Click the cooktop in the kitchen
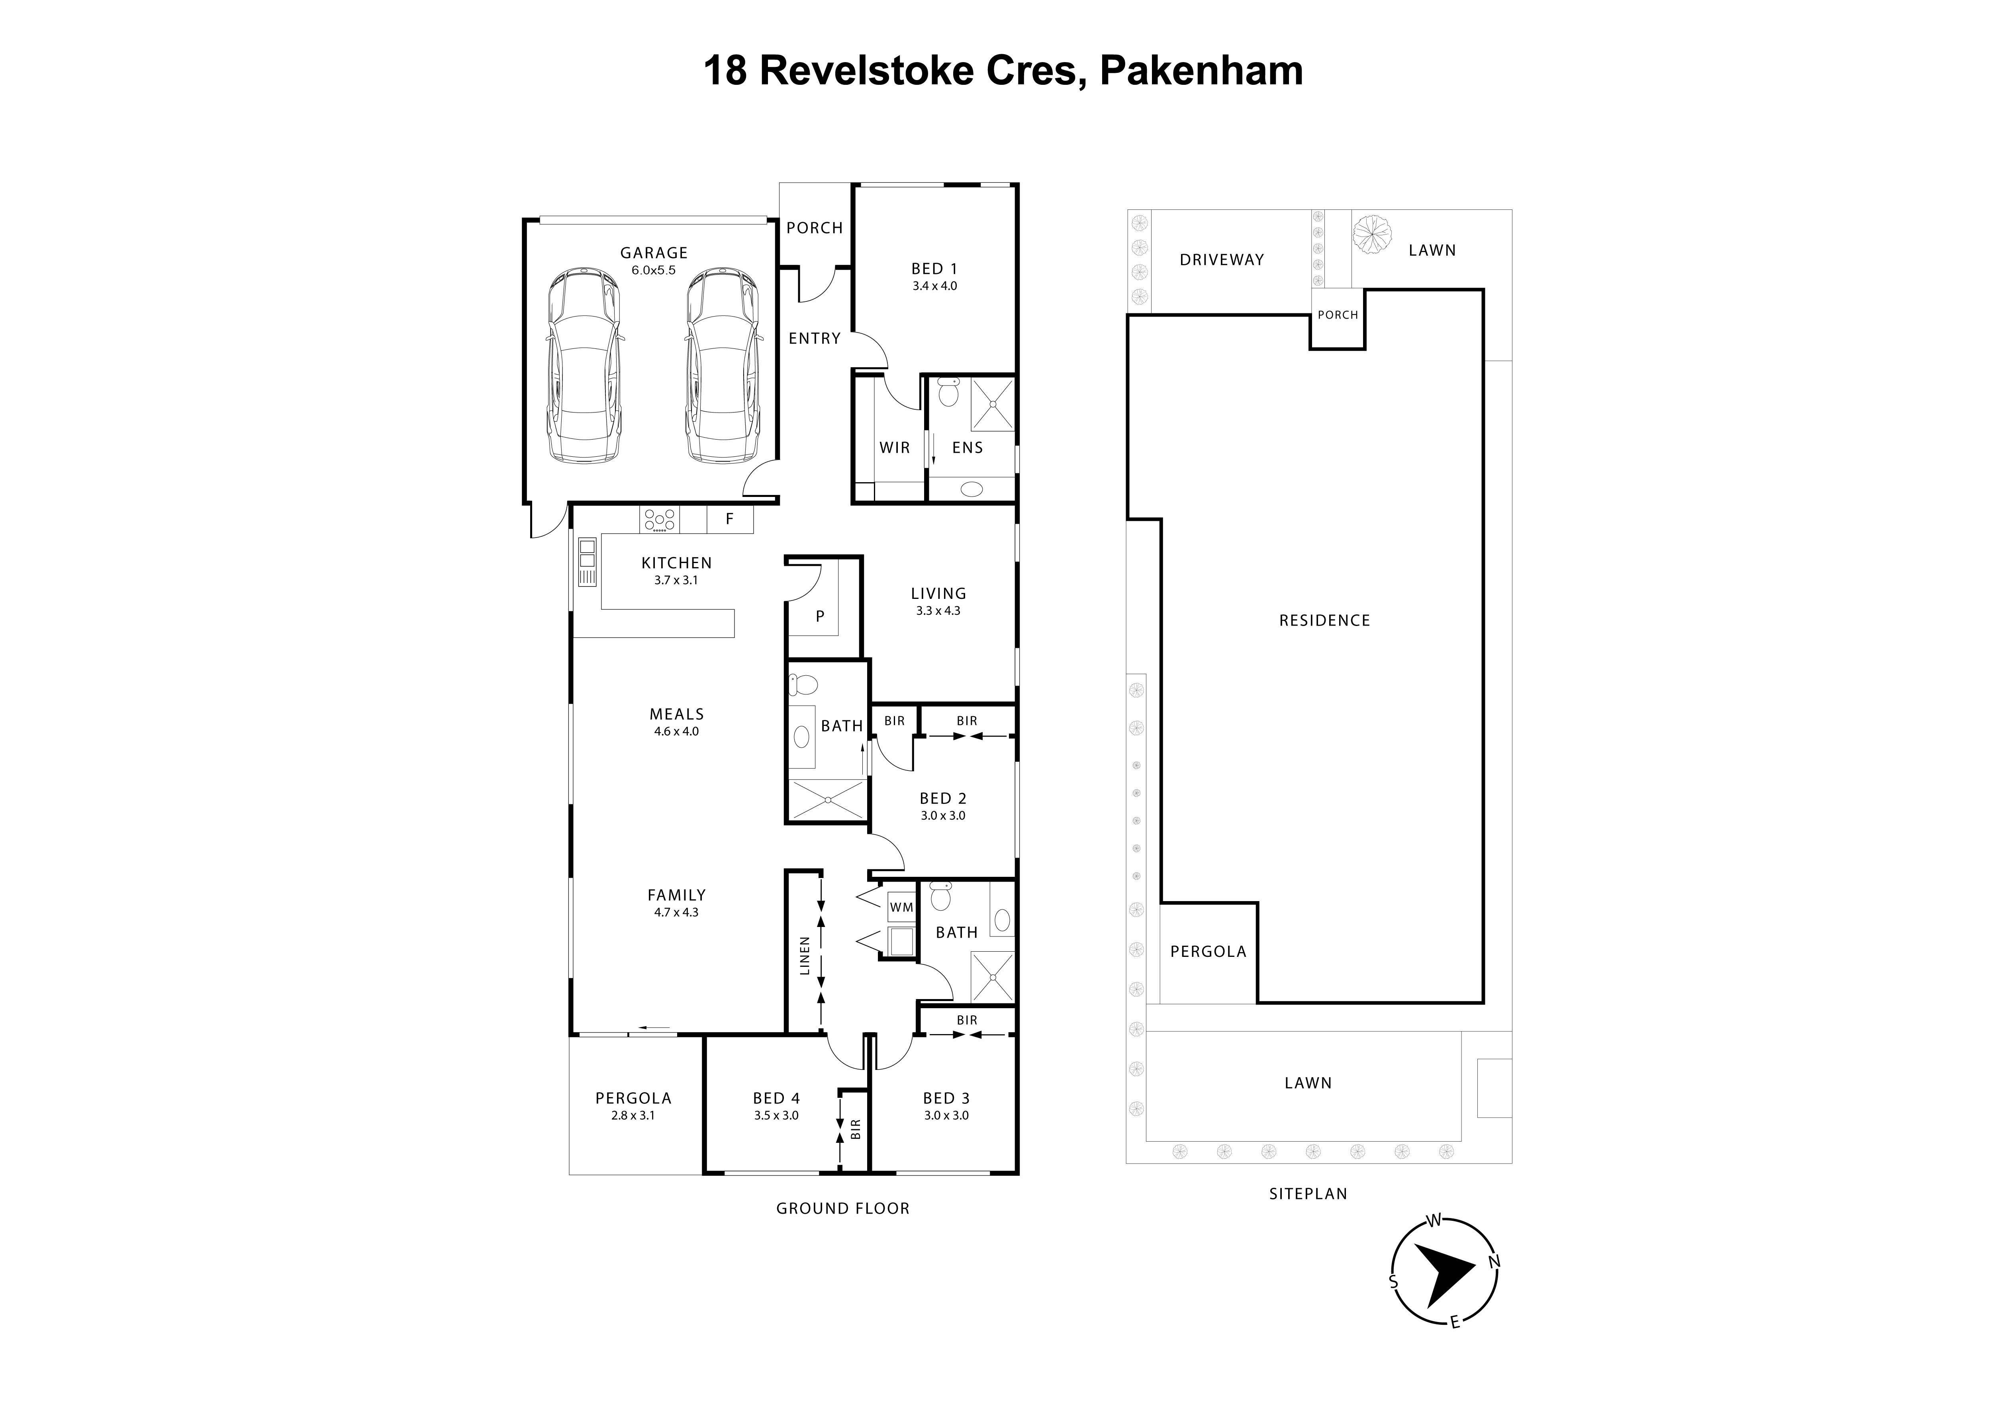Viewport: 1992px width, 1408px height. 659,520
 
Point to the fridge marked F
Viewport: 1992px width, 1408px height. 730,519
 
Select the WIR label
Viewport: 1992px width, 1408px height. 895,448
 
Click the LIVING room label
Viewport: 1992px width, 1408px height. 938,593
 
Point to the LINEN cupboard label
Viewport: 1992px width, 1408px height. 804,955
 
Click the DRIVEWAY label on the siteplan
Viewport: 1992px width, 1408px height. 1222,259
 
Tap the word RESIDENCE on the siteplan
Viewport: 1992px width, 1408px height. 1324,620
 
